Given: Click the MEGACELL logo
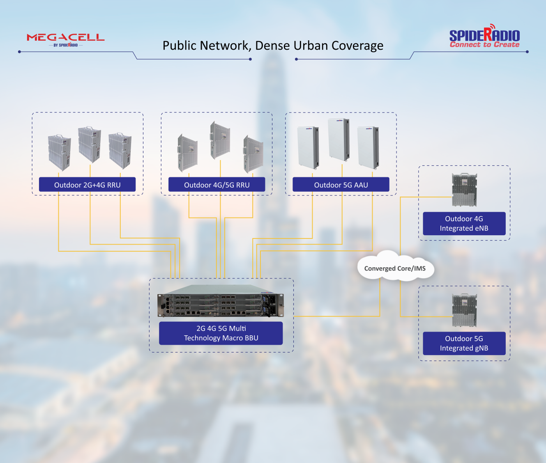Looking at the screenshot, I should pyautogui.click(x=66, y=39).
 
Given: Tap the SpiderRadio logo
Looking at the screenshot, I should pyautogui.click(x=484, y=36).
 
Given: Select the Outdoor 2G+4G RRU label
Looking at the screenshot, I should pyautogui.click(x=87, y=185).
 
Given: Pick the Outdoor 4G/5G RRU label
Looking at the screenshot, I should pyautogui.click(x=217, y=185).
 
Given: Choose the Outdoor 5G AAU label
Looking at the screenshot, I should pyautogui.click(x=341, y=185).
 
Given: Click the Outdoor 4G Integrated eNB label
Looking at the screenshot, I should pyautogui.click(x=464, y=223).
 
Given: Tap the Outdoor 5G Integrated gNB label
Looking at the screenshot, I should pyautogui.click(x=464, y=343).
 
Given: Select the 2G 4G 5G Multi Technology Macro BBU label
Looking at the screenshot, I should pyautogui.click(x=221, y=333).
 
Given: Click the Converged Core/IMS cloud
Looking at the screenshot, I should pyautogui.click(x=395, y=268).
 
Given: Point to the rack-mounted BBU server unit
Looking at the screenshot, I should pyautogui.click(x=220, y=301).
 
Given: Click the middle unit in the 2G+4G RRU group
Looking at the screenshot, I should pyautogui.click(x=90, y=144).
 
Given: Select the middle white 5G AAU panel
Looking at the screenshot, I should pyautogui.click(x=339, y=140).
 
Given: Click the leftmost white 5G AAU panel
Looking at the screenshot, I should pyautogui.click(x=308, y=147).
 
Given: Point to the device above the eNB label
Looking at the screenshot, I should pyautogui.click(x=464, y=190).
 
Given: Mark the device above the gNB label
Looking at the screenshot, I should pyautogui.click(x=464, y=310).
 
